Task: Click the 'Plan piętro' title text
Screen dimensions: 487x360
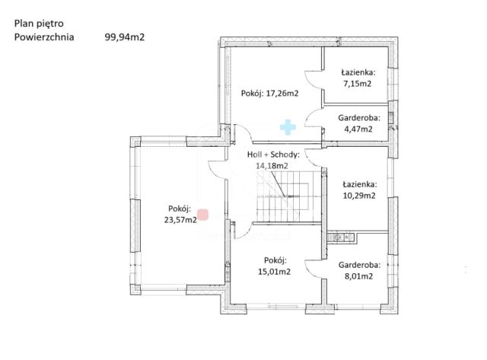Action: [39, 24]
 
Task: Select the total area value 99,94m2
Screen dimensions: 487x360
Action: [125, 37]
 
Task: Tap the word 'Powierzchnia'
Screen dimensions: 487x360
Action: [44, 37]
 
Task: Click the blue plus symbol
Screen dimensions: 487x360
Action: [288, 127]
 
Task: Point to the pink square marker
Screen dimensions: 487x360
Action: [203, 215]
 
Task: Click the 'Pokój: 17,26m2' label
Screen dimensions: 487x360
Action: [269, 93]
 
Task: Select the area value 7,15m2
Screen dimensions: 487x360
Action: [358, 84]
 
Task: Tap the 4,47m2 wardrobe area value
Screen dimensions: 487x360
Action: [358, 129]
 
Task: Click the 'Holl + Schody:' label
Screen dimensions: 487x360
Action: [273, 155]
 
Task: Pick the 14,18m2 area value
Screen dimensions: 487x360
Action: [272, 166]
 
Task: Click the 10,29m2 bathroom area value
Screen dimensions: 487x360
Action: [359, 196]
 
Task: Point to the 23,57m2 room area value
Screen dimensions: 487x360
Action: [180, 220]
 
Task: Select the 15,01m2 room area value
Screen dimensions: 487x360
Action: [274, 272]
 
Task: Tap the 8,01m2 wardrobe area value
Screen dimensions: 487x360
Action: [358, 276]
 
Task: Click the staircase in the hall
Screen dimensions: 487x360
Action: [288, 196]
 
